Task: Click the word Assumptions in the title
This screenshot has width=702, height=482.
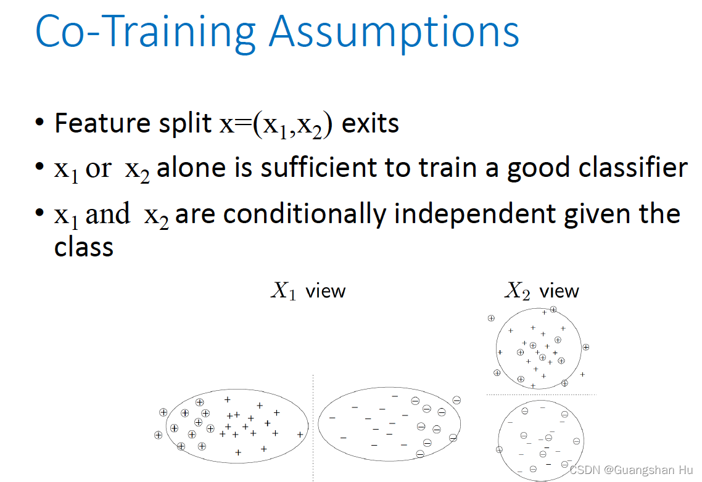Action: [394, 32]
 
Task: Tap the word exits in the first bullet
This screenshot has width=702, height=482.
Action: [370, 123]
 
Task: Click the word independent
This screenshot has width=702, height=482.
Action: [475, 214]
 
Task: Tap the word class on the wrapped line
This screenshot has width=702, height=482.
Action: [84, 247]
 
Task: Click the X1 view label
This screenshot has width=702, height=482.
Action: [308, 291]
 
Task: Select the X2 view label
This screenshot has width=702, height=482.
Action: [542, 291]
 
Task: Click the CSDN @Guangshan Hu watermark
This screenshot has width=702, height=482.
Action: [631, 470]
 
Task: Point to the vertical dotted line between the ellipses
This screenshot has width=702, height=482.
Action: [313, 428]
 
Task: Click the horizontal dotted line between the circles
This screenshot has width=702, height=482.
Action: [541, 394]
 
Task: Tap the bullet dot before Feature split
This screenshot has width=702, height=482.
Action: [40, 121]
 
